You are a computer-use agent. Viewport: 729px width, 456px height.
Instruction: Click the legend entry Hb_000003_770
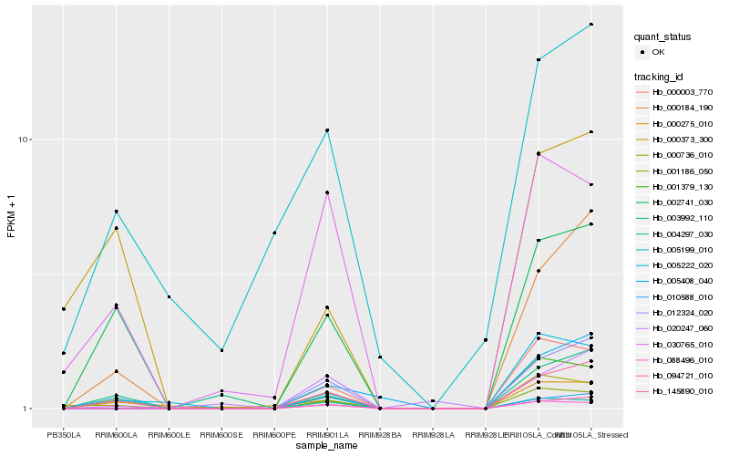coord(683,91)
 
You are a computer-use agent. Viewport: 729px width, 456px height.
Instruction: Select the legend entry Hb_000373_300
coord(683,139)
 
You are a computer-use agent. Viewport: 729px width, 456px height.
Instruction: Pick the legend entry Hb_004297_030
coord(683,233)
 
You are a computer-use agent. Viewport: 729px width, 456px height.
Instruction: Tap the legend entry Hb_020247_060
coord(683,328)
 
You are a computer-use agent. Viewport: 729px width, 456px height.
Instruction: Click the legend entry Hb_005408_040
coord(683,281)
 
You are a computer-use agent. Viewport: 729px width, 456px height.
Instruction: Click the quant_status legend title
coord(662,36)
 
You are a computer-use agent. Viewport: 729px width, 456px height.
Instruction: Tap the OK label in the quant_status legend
coord(659,52)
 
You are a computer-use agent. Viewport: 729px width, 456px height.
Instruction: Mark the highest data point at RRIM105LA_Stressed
coord(591,25)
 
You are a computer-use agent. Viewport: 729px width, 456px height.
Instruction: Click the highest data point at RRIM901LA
coord(327,130)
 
